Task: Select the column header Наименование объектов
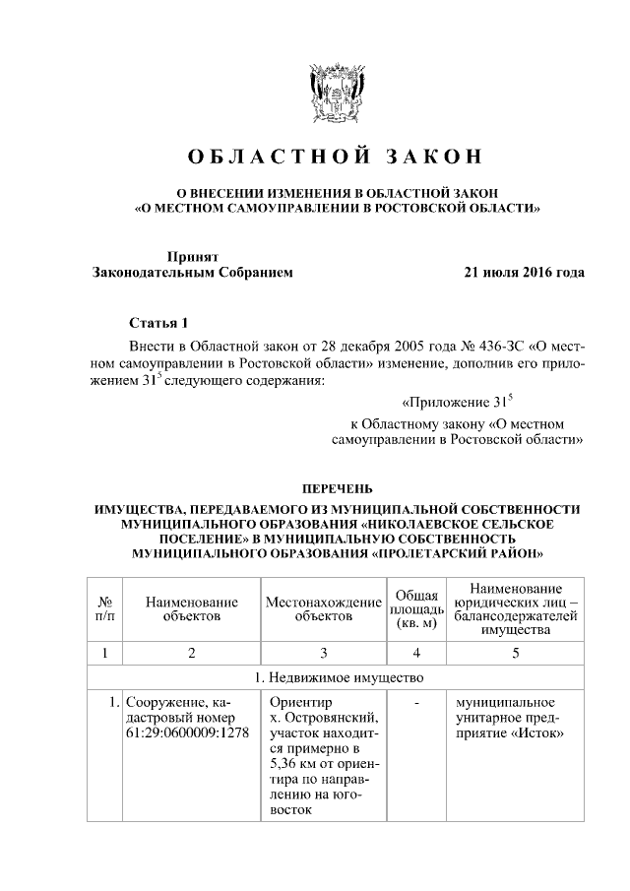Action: point(191,608)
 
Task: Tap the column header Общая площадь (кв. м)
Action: point(416,608)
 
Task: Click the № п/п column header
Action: point(103,608)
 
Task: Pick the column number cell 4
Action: point(416,653)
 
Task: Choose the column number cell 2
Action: point(191,653)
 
